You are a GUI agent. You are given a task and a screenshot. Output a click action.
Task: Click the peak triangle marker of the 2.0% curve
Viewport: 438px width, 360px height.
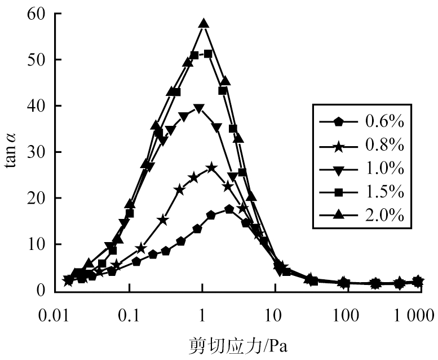coord(203,24)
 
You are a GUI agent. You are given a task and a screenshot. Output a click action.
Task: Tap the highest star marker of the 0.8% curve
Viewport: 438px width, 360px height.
coord(211,168)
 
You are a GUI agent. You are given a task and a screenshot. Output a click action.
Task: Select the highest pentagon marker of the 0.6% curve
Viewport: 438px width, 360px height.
coord(229,209)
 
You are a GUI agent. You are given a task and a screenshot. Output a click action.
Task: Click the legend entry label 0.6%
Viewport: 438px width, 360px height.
coord(384,121)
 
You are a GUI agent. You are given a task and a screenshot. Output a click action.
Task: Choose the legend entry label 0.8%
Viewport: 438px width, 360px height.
coord(384,145)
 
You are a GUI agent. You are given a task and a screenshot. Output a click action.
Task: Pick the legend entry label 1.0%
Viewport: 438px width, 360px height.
coord(384,169)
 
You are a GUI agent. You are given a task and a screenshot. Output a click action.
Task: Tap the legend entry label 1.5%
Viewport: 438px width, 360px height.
coord(384,192)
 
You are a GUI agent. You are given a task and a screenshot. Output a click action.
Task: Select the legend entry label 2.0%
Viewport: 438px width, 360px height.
coord(384,216)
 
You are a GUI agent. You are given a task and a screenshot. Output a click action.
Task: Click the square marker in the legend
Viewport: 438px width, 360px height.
coord(338,192)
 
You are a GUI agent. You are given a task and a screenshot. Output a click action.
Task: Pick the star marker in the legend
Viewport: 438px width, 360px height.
coord(338,145)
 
